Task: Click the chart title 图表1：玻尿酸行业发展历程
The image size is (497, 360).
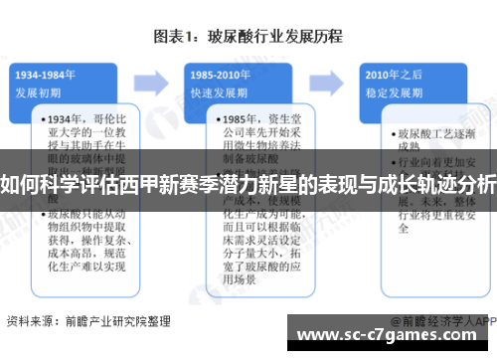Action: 248,37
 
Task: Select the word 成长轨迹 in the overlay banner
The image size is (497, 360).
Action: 395,183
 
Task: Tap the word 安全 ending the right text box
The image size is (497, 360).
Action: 406,227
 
